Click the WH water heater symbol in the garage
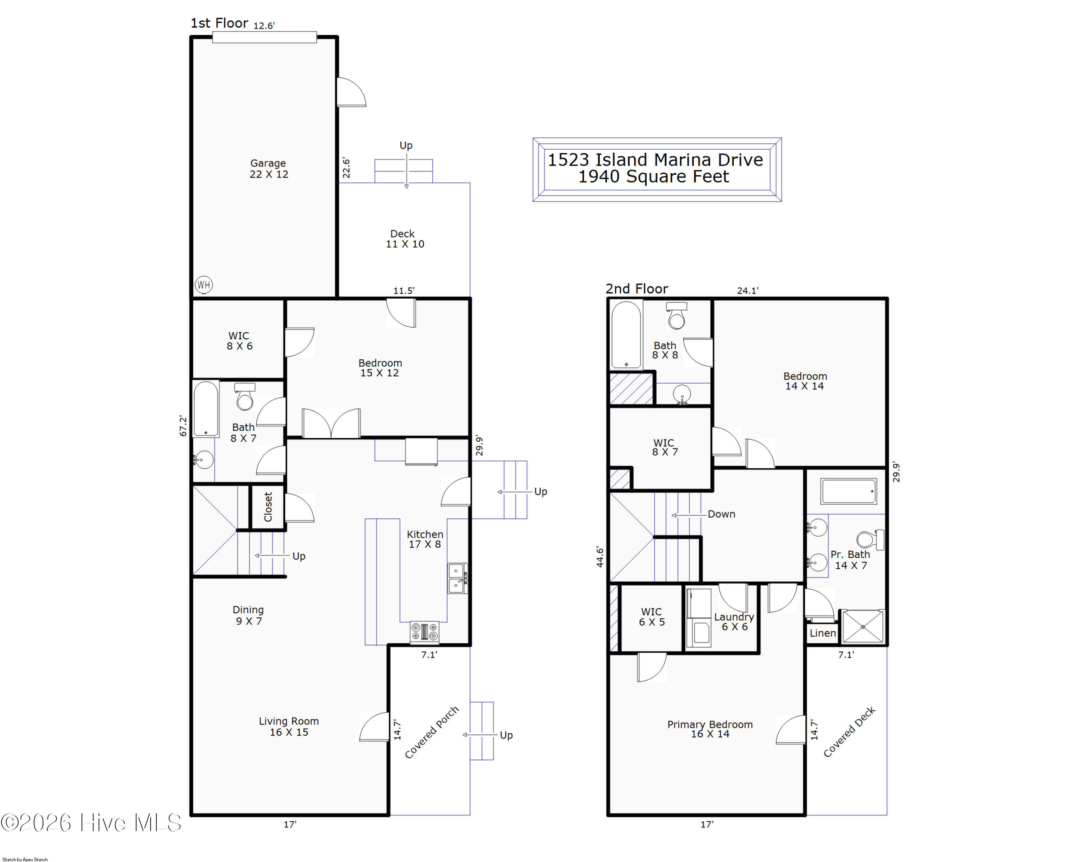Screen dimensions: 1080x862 203,285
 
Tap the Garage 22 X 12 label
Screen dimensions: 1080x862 269,169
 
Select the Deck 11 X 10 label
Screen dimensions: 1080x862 404,238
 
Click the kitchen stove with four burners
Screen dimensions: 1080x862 424,632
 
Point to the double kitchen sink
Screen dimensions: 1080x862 456,579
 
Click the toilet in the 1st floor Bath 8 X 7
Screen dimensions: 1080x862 245,397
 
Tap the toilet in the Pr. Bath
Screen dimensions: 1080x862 870,540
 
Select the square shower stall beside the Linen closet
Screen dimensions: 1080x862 863,626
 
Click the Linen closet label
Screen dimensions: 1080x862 823,633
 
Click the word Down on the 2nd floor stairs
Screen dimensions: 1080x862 721,514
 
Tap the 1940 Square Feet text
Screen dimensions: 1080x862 654,177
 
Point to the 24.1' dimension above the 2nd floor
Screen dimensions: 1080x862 747,290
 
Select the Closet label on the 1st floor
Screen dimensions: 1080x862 268,507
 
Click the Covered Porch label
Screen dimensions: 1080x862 431,732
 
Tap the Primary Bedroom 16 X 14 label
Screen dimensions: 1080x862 710,729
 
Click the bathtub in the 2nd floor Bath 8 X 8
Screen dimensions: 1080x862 626,335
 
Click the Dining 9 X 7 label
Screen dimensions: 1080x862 248,615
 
